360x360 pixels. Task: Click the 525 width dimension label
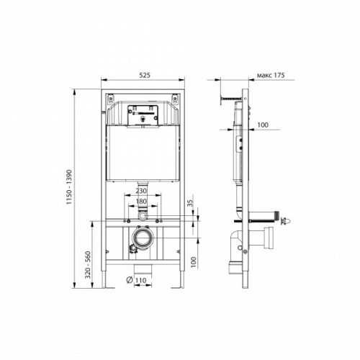pyautogui.click(x=145, y=75)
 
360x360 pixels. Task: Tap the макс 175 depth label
pyautogui.click(x=271, y=76)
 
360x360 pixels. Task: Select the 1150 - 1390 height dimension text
pyautogui.click(x=69, y=187)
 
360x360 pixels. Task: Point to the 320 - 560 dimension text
pyautogui.click(x=89, y=265)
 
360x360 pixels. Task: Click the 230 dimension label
pyautogui.click(x=141, y=191)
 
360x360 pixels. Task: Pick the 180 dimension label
pyautogui.click(x=141, y=202)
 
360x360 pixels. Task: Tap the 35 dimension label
pyautogui.click(x=190, y=203)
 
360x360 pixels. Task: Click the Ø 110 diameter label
pyautogui.click(x=136, y=280)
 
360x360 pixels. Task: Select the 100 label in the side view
pyautogui.click(x=263, y=125)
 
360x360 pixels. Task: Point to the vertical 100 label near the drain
pyautogui.click(x=194, y=262)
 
